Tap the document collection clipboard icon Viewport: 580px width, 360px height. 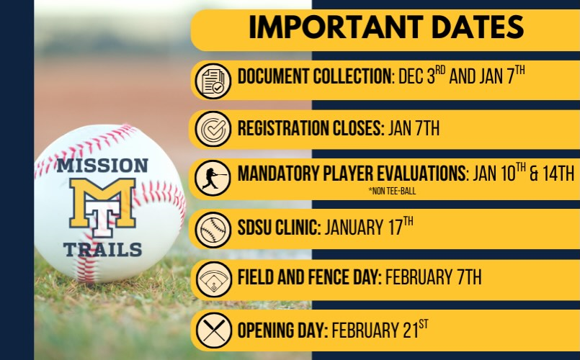212,80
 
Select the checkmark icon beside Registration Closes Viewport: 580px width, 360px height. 212,130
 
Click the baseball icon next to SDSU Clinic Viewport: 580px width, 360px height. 212,230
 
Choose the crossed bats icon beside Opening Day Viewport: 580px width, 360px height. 212,330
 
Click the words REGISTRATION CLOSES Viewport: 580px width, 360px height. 309,130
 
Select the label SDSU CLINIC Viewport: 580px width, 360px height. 279,229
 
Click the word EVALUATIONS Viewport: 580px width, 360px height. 411,175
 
